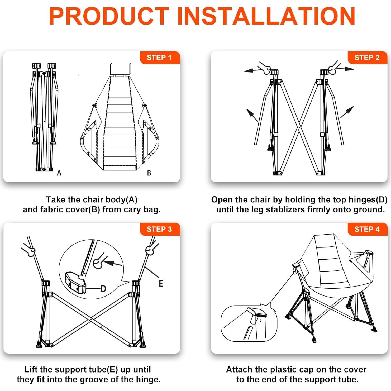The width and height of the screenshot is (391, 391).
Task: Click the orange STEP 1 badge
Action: tap(160, 58)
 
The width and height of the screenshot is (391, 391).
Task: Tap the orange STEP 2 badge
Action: tap(367, 58)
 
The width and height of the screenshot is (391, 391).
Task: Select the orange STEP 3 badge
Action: tap(160, 229)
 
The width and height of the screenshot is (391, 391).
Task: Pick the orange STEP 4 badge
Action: tap(367, 229)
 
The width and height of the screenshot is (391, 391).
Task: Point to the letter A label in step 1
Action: tap(59, 173)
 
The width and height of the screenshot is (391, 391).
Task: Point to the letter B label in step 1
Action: tap(149, 173)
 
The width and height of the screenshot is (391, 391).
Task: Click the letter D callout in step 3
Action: tap(103, 289)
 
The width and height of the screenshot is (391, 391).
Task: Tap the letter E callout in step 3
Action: tap(161, 283)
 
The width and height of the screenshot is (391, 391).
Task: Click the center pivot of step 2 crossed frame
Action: tap(299, 127)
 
